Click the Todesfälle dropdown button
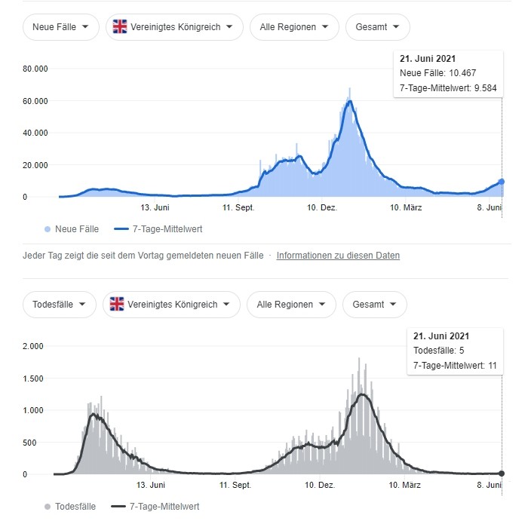60,305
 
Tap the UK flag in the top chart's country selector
120,27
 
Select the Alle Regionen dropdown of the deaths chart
290,305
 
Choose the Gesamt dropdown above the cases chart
377,27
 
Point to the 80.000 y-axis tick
35,69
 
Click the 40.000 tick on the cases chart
35,133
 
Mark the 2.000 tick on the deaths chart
33,346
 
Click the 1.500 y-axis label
33,378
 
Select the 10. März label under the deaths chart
405,485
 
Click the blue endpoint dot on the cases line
502,182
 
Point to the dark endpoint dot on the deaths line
502,473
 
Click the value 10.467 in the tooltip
459,73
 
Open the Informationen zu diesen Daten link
338,256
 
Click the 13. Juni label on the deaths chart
151,485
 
